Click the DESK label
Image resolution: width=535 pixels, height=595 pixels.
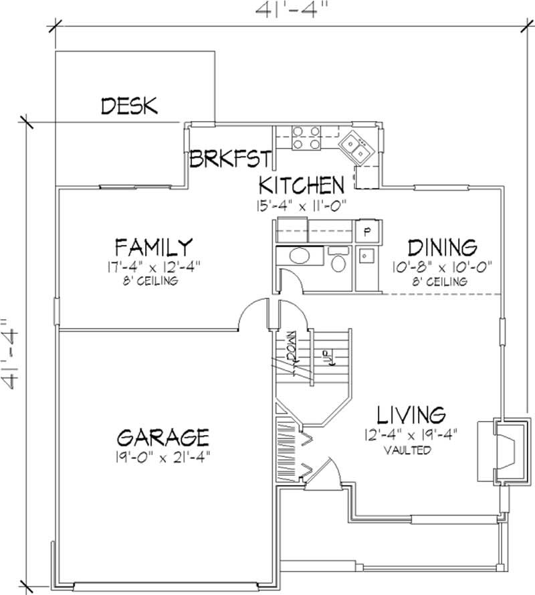tap(129, 105)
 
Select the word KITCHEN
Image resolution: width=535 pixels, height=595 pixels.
tap(302, 184)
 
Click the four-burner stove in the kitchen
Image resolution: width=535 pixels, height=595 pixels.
tap(305, 137)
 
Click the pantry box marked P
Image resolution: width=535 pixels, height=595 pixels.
tap(366, 231)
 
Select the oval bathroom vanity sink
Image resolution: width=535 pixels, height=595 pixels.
tap(298, 258)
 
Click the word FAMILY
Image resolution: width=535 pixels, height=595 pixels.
tap(154, 245)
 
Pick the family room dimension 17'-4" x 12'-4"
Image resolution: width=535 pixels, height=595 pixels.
tap(154, 266)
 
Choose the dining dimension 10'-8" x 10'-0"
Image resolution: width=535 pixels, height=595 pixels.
tap(443, 266)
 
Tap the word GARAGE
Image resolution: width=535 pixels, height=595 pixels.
tap(163, 437)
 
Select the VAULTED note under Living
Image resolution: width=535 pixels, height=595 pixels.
tap(407, 450)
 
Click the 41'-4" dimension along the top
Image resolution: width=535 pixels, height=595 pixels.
tap(289, 11)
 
